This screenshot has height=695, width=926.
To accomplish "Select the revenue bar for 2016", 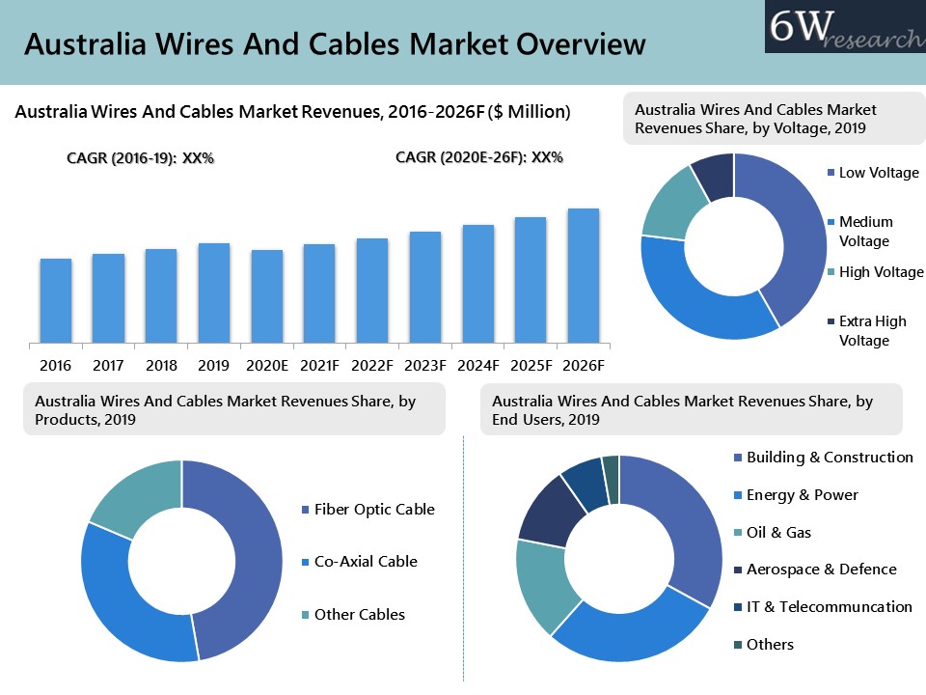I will [56, 300].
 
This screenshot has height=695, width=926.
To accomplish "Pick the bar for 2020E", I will [267, 296].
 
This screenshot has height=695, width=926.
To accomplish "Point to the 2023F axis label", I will [425, 366].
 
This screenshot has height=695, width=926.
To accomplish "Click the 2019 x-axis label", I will [214, 366].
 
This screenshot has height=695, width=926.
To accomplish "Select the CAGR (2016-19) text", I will [140, 158].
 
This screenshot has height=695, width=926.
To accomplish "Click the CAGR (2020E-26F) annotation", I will [479, 157].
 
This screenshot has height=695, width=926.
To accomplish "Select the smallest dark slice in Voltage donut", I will [714, 176].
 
